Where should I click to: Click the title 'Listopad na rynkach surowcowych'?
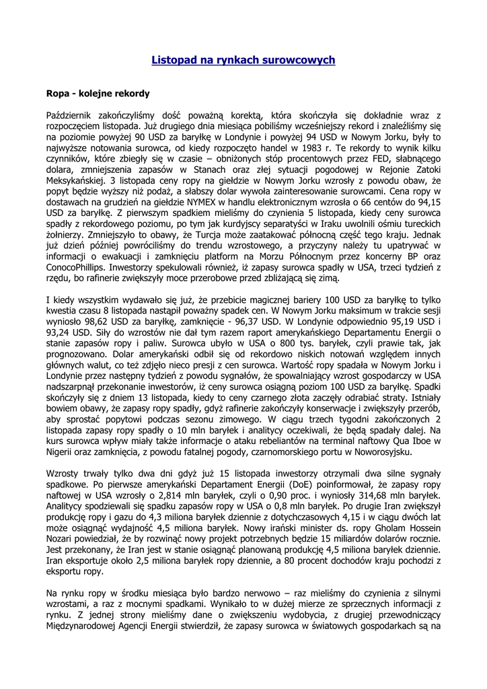[x=243, y=60]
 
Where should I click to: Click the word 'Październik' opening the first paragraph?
[x=71, y=116]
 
